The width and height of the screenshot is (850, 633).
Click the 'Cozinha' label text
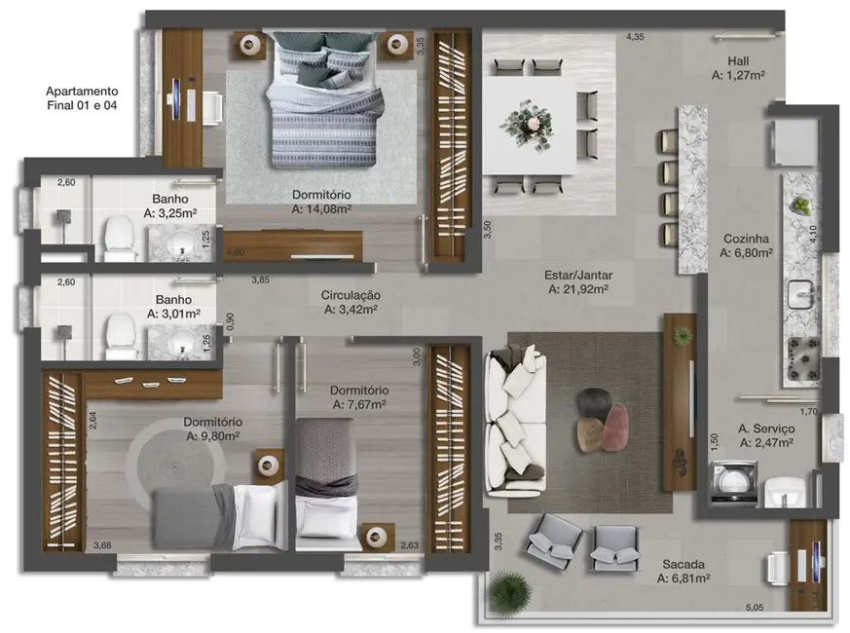[746, 239]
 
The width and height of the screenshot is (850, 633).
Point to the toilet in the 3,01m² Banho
[119, 332]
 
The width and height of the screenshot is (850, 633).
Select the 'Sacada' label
[683, 564]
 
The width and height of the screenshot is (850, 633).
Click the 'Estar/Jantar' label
[578, 275]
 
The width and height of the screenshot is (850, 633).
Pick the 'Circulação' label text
[351, 295]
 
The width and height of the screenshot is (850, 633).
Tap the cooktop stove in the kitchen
[803, 359]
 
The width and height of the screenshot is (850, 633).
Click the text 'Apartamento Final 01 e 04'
[82, 98]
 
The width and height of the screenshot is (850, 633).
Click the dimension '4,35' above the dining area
[635, 37]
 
